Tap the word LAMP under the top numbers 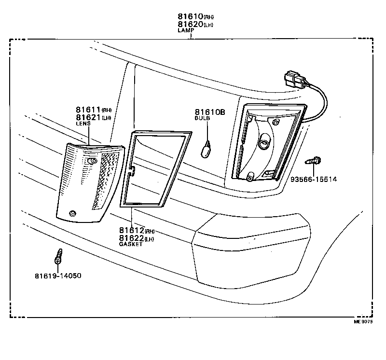click(185, 30)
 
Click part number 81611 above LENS click(87, 110)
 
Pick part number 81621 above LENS click(87, 117)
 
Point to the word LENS click(83, 124)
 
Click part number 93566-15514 click(314, 180)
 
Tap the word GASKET click(131, 245)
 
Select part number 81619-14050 click(58, 276)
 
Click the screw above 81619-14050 click(58, 256)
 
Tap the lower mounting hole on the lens click(72, 213)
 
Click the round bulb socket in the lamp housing click(264, 143)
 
